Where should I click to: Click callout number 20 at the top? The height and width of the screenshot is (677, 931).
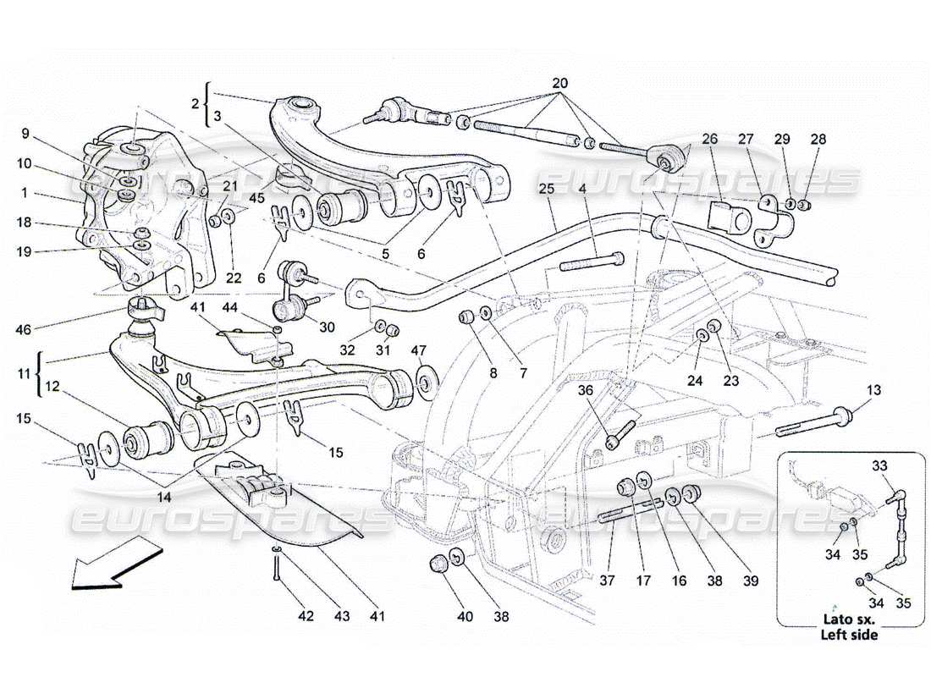point(559,84)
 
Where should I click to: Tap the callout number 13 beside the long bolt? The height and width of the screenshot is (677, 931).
point(873,390)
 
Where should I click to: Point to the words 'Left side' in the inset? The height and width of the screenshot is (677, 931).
point(849,634)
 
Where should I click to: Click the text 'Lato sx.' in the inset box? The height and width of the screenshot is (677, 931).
point(849,619)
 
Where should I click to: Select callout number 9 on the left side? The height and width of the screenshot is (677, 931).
point(25,133)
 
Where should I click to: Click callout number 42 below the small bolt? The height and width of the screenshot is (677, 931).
point(306,616)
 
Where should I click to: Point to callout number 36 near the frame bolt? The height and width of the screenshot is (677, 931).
point(585,390)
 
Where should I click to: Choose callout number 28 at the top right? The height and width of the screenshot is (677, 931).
point(818,139)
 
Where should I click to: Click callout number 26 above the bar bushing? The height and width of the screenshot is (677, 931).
point(709,139)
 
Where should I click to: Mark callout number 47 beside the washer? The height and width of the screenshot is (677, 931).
point(417,350)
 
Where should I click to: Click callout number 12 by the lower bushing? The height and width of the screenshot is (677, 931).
point(52,387)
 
